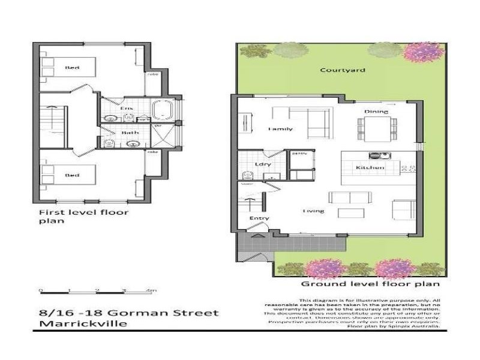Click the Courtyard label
(x=334, y=70)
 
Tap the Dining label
(x=376, y=112)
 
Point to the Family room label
(x=280, y=129)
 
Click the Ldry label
(x=261, y=163)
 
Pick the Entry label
(x=260, y=218)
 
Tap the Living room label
(x=313, y=211)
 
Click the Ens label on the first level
(x=127, y=108)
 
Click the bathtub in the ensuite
(x=163, y=111)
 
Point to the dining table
(x=377, y=127)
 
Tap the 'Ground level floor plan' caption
(x=371, y=284)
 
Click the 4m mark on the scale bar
(x=151, y=290)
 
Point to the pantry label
(x=299, y=154)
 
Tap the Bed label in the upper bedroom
(x=72, y=67)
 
